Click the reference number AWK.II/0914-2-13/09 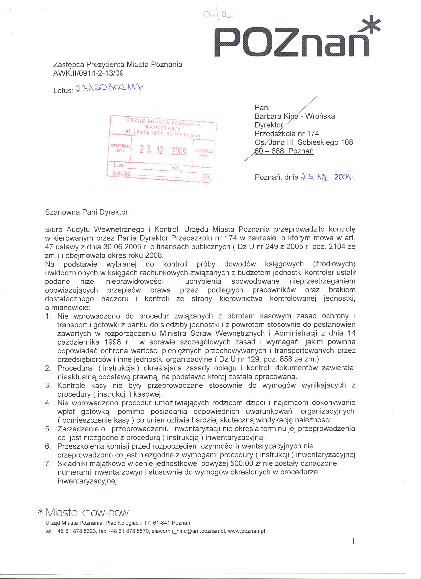[x=88, y=73]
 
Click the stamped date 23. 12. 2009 [x=162, y=151]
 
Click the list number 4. [x=48, y=403]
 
